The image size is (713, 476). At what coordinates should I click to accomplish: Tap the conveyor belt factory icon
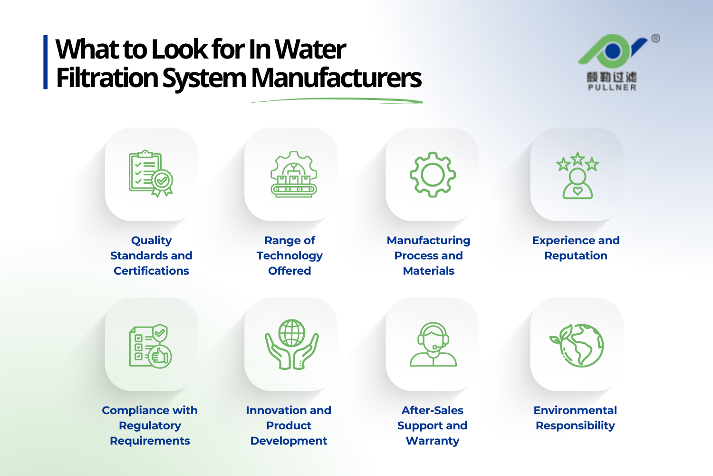pos(293,174)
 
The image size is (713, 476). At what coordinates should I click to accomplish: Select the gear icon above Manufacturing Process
pos(433,174)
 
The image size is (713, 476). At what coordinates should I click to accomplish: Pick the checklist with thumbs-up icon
pos(150,346)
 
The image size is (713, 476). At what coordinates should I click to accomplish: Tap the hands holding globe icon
pos(291,344)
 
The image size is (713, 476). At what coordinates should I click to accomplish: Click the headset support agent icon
pos(433,345)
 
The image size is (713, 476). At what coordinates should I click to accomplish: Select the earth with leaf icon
pos(577,346)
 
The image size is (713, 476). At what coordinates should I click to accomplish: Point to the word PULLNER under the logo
pos(612,88)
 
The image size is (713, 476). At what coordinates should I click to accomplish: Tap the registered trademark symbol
pos(655,39)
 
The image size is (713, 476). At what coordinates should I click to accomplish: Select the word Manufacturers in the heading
pos(336,78)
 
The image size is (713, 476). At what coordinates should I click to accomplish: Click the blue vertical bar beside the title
pos(46,62)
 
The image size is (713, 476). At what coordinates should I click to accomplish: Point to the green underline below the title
pos(337,100)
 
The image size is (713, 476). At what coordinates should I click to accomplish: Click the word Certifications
pos(151,271)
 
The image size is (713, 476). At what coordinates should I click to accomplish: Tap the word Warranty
pos(433,441)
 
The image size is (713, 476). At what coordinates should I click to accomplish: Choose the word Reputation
pos(576,256)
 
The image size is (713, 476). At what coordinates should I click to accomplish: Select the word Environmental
pos(575,410)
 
